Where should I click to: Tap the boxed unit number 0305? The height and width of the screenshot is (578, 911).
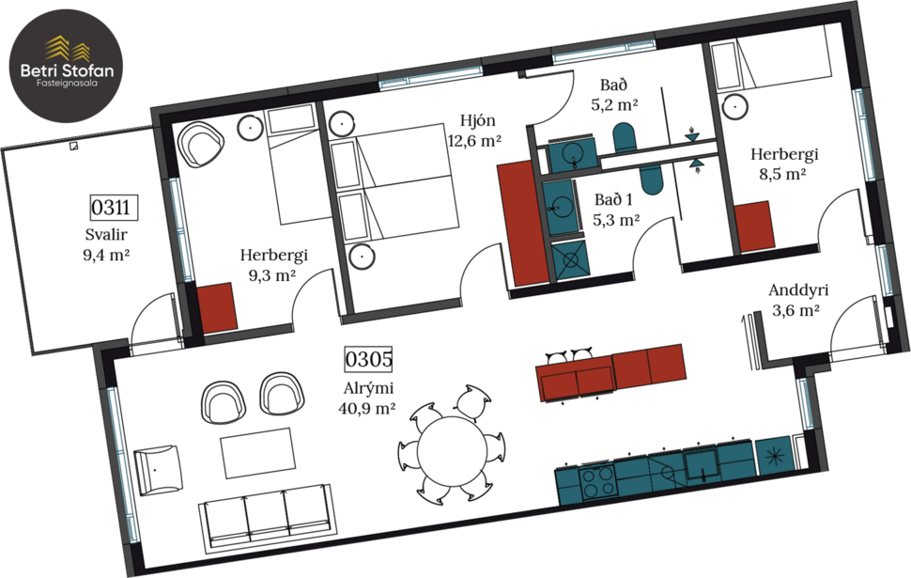point(367,359)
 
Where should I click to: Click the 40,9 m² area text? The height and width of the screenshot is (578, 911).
point(366,408)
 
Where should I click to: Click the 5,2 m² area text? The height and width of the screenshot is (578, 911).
point(615,105)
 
